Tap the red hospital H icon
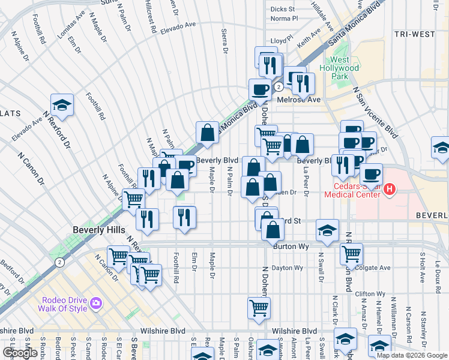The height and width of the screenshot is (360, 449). tap(390, 190)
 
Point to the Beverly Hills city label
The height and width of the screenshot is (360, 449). tap(99, 230)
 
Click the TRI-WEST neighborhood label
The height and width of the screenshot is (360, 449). tap(414, 34)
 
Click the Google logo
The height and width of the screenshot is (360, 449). tap(20, 353)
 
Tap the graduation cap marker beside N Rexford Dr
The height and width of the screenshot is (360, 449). tap(61, 106)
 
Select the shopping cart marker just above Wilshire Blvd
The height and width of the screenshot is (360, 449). tap(259, 308)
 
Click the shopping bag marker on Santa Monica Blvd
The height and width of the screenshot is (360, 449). tap(207, 133)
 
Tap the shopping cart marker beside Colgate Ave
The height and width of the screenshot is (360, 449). tap(351, 253)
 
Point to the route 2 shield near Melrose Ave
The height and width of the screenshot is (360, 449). tap(279, 87)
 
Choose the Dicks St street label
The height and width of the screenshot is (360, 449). tap(282, 9)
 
